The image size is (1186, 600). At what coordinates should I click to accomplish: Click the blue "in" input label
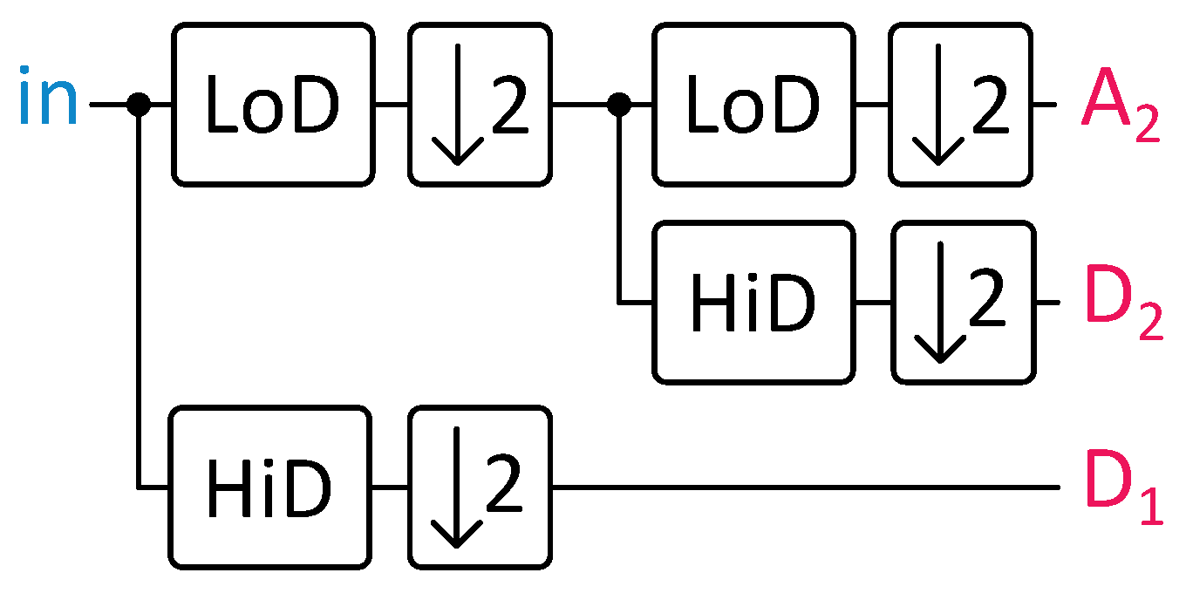[x=49, y=101]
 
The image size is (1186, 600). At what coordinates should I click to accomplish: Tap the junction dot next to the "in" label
[x=139, y=105]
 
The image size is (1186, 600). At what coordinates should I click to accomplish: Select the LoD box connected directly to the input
[x=271, y=105]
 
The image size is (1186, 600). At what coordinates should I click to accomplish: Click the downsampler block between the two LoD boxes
[x=480, y=105]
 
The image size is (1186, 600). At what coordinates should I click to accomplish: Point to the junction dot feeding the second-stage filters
[x=618, y=105]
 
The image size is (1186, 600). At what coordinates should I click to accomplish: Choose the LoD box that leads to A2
[x=753, y=105]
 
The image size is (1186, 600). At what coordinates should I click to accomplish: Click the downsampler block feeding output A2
[x=960, y=105]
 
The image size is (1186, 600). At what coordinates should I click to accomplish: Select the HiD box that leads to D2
[x=753, y=303]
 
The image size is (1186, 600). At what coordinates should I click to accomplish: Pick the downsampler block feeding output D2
[x=964, y=303]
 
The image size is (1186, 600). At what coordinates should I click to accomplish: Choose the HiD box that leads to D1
[x=269, y=487]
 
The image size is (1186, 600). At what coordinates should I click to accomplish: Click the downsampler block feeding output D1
[x=480, y=487]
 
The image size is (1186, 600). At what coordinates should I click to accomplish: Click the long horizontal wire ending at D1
[x=802, y=487]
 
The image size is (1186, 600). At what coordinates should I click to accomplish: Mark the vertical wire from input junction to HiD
[x=139, y=297]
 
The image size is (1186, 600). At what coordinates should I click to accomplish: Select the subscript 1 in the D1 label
[x=1151, y=508]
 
